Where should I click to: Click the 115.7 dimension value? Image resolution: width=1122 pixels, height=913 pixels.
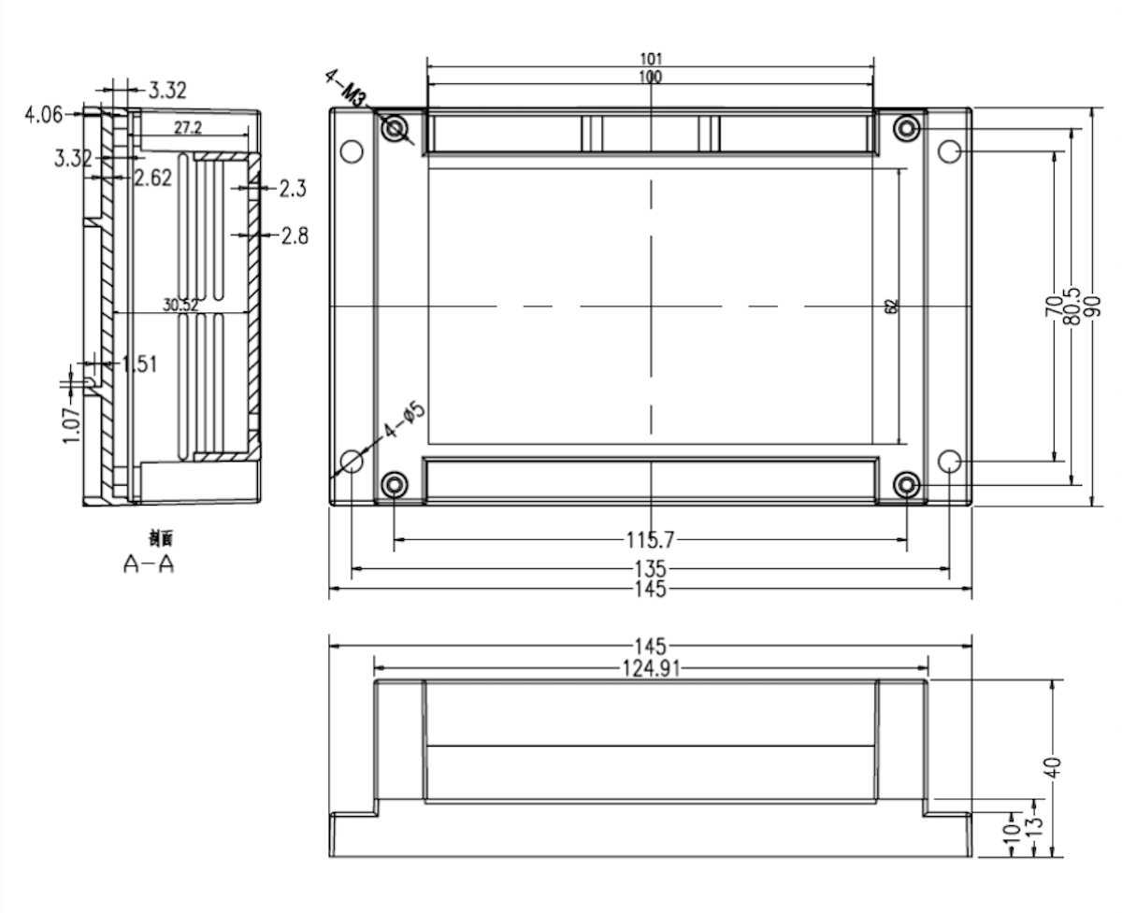(650, 539)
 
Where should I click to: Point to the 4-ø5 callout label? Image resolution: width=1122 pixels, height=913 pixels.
(405, 422)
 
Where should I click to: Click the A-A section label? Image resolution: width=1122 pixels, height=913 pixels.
(150, 564)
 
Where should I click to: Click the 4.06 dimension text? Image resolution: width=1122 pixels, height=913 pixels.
(44, 115)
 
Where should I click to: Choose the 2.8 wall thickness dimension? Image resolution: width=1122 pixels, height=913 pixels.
(294, 235)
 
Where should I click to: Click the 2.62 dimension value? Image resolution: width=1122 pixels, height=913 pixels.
(152, 178)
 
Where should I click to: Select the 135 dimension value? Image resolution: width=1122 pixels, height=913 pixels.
(650, 567)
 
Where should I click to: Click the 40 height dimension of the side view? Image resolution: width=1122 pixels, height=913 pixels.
(1053, 767)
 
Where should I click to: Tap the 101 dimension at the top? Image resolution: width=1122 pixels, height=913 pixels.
(650, 59)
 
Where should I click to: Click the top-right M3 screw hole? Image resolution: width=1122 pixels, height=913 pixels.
(906, 128)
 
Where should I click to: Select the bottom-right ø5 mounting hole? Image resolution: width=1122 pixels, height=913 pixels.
(949, 461)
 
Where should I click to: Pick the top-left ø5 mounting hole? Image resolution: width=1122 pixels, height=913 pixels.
(352, 151)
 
